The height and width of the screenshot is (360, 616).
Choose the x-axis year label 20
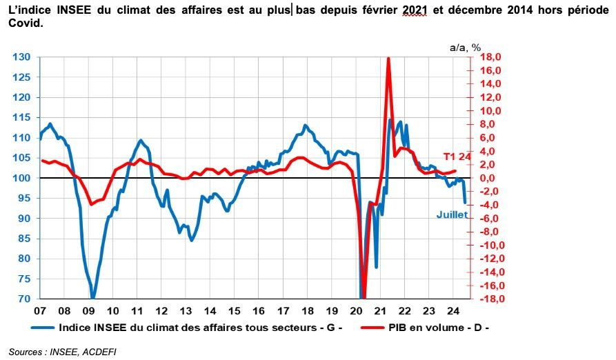click(357, 310)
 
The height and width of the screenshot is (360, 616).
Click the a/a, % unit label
click(465, 47)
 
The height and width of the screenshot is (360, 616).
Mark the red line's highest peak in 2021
click(388, 59)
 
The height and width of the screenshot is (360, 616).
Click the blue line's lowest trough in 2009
click(92, 298)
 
